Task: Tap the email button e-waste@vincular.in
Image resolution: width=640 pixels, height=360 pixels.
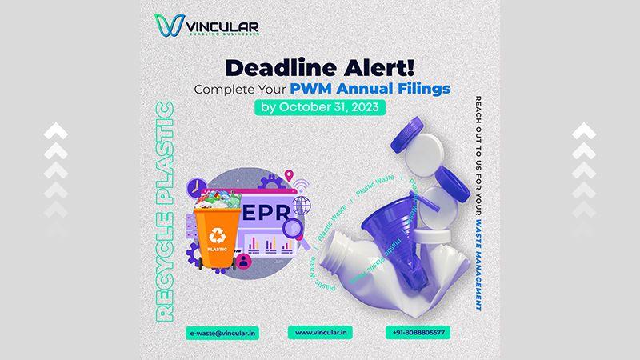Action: click(x=222, y=331)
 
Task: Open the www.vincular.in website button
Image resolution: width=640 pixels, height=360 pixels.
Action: click(x=319, y=331)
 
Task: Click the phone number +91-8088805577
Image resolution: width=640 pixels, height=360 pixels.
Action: click(x=419, y=331)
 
